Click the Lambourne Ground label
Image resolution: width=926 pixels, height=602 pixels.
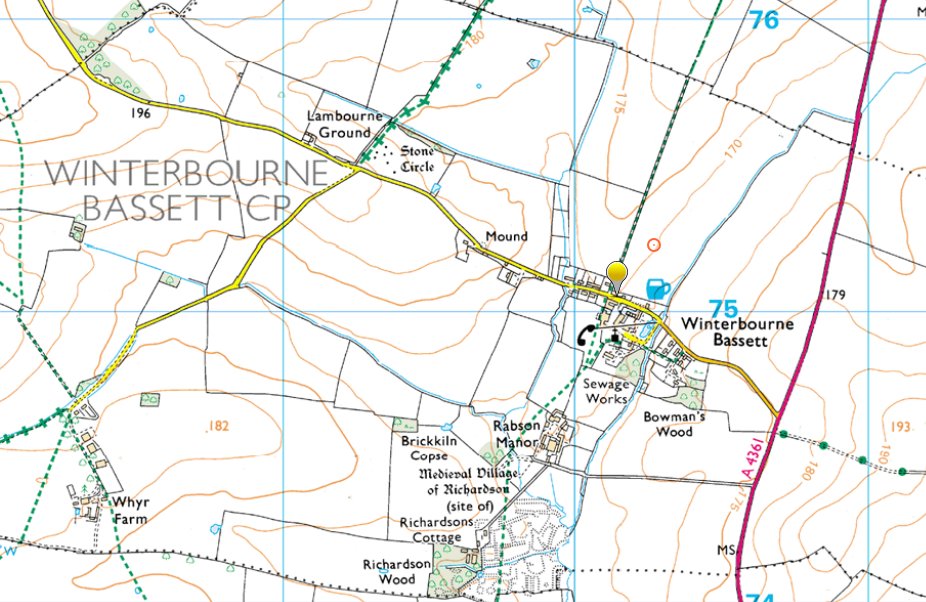tap(338, 125)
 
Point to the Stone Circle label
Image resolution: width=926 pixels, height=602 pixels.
tap(417, 159)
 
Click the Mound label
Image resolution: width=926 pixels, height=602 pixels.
tap(505, 237)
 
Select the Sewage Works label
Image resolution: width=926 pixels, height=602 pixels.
tap(607, 391)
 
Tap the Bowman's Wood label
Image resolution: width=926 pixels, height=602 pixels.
tap(668, 425)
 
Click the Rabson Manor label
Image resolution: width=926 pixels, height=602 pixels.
tap(516, 433)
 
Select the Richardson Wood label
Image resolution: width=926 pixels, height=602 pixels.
tap(397, 571)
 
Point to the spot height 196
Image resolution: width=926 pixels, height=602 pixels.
tap(139, 114)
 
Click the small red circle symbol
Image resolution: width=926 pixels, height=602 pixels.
tap(654, 243)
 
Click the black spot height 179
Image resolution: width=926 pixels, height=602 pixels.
tap(837, 294)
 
